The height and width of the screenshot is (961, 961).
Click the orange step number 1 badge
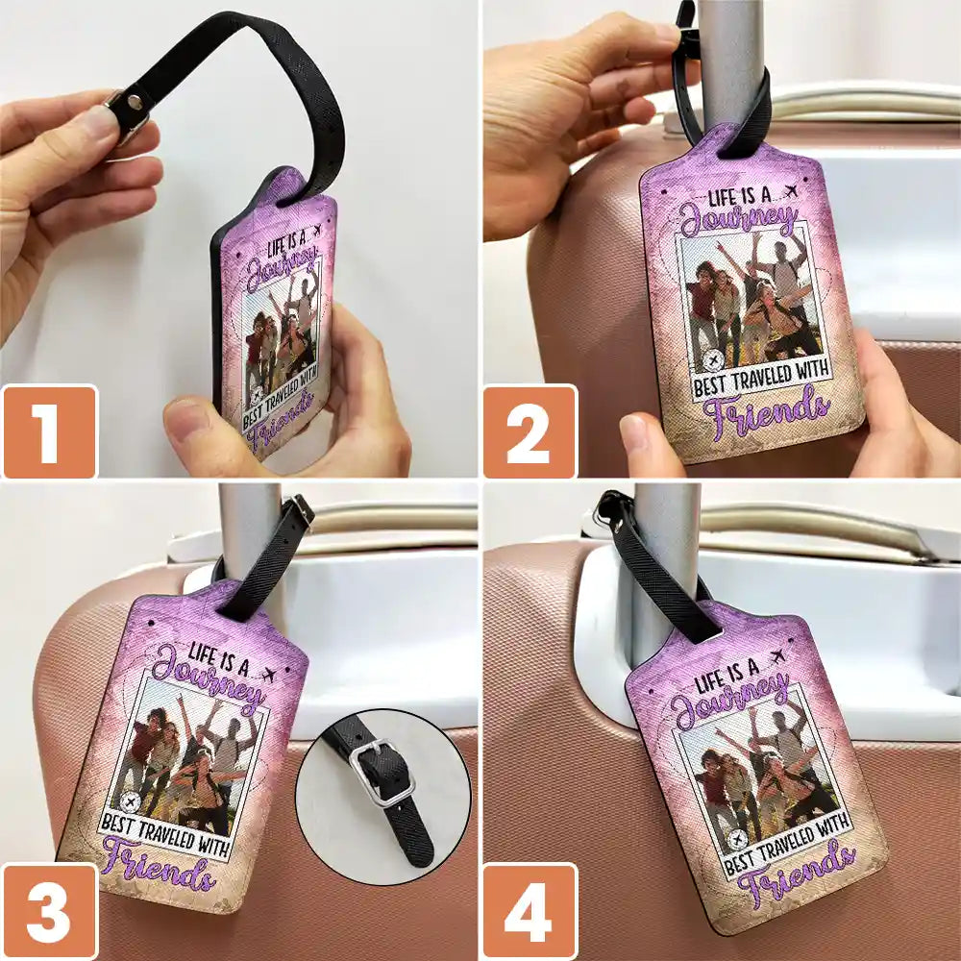tap(50, 431)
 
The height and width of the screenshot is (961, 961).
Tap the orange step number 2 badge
tap(530, 431)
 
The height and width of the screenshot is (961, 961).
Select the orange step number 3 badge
tap(50, 911)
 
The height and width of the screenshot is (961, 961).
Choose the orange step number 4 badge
tap(530, 911)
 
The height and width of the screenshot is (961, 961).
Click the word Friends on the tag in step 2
tap(766, 412)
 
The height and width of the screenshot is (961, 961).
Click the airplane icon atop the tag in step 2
tap(791, 192)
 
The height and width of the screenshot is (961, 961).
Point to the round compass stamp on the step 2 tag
tap(713, 360)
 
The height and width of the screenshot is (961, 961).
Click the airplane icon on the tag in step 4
tap(777, 657)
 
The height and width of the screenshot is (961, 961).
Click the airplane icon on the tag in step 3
tap(268, 676)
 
